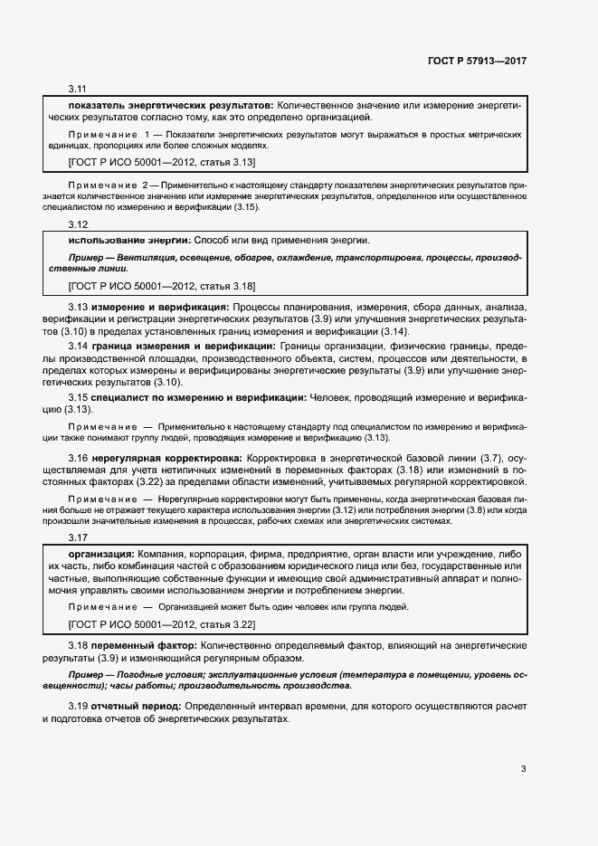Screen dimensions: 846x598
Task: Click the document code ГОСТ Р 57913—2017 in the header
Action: (477, 61)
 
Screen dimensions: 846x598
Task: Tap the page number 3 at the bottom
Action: (523, 770)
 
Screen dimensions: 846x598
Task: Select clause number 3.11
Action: (77, 89)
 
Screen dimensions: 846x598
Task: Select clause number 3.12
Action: (77, 224)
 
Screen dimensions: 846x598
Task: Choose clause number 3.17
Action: (77, 538)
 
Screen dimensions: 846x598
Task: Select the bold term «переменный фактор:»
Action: (144, 646)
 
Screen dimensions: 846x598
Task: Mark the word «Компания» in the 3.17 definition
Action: (160, 554)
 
